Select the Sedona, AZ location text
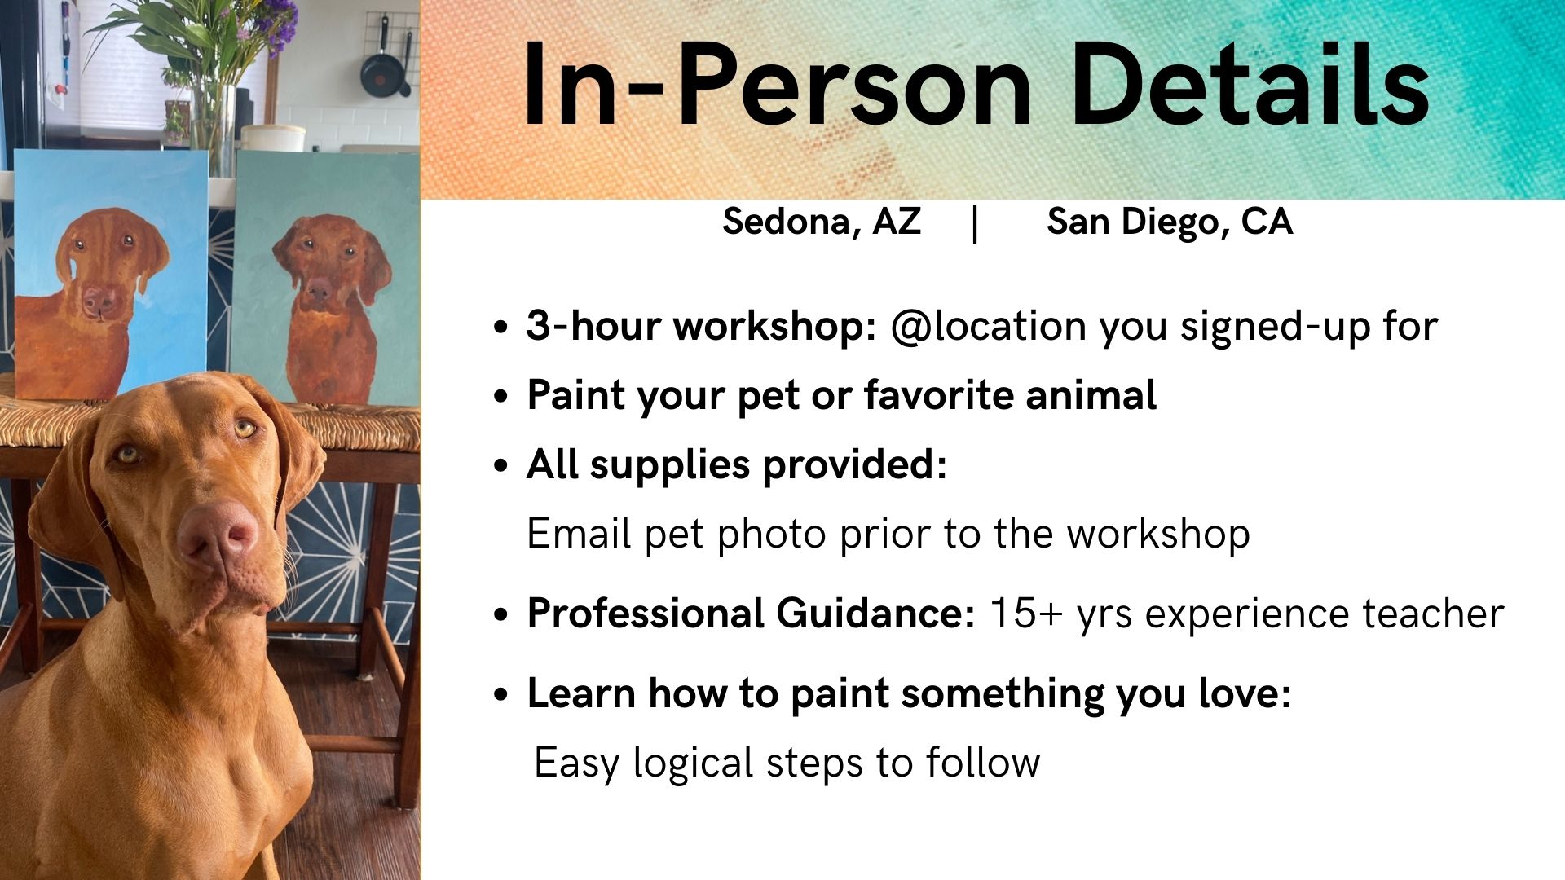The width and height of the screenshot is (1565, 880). [822, 222]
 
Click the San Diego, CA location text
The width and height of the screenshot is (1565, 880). [1170, 222]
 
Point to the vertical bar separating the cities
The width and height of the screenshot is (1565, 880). [976, 223]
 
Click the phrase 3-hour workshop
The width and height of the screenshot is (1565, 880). [701, 326]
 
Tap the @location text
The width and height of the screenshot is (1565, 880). [989, 326]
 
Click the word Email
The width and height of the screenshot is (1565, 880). [579, 535]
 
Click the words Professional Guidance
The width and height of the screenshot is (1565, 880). [751, 614]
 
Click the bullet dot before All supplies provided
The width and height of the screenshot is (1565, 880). [501, 466]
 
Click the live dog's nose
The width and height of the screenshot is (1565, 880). [218, 535]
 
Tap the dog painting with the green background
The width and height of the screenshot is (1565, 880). [326, 277]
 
